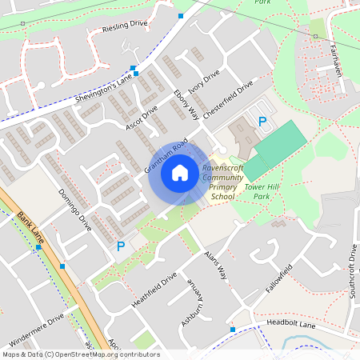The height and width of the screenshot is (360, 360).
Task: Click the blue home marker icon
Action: click(x=180, y=172)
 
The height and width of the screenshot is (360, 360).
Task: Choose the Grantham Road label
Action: click(x=166, y=156)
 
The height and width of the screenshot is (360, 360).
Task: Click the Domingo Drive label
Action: click(x=75, y=210)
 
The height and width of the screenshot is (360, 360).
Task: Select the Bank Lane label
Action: click(x=30, y=229)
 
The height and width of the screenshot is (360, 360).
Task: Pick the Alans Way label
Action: click(x=216, y=265)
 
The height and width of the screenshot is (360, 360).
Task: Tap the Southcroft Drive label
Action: click(x=351, y=272)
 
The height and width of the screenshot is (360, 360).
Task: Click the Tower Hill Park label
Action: click(x=261, y=190)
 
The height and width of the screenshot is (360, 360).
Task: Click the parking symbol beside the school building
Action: click(x=262, y=122)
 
